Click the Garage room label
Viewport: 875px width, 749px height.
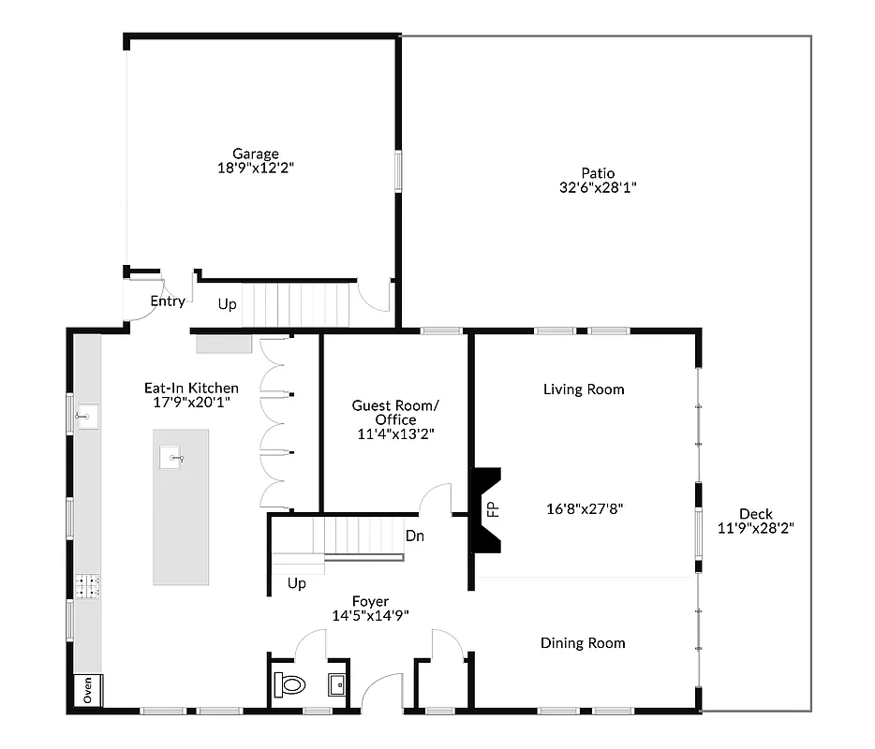[x=256, y=154]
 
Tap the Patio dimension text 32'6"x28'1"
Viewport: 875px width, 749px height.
[x=597, y=187]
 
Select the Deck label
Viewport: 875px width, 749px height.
[x=755, y=513]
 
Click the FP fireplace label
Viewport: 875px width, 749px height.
[x=493, y=509]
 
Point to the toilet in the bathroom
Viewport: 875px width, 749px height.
[x=290, y=685]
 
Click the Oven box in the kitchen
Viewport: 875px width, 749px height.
[x=88, y=690]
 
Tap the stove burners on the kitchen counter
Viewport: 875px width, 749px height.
[x=88, y=587]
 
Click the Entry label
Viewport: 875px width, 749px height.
[x=168, y=301]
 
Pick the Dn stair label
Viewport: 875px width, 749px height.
[x=415, y=536]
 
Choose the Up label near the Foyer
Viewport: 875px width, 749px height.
[x=297, y=583]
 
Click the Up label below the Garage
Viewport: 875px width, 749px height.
[x=227, y=304]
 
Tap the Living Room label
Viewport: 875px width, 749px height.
[x=583, y=389]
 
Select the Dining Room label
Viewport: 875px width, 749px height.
[x=582, y=643]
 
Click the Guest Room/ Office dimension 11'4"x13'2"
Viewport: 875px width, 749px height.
[x=395, y=434]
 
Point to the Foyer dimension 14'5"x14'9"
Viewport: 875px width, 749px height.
[x=370, y=616]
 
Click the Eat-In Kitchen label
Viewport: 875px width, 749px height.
[x=190, y=388]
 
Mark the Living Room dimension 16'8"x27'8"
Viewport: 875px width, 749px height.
[x=585, y=509]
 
